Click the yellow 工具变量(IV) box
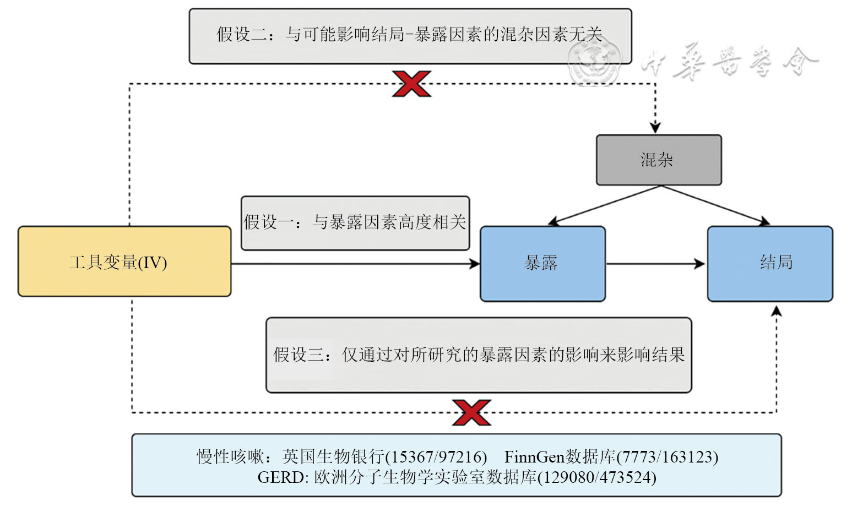[124, 262]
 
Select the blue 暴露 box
[542, 264]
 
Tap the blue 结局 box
[770, 264]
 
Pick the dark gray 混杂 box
[659, 160]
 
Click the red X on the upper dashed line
[411, 84]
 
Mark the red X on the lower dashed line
[471, 412]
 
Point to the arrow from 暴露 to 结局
[655, 264]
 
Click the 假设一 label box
[355, 223]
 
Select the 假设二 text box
[410, 36]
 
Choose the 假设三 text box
[479, 355]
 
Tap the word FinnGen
[534, 457]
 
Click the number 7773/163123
[668, 457]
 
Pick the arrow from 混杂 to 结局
[716, 205]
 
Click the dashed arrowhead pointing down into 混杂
[655, 127]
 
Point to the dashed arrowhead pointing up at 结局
[776, 311]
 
